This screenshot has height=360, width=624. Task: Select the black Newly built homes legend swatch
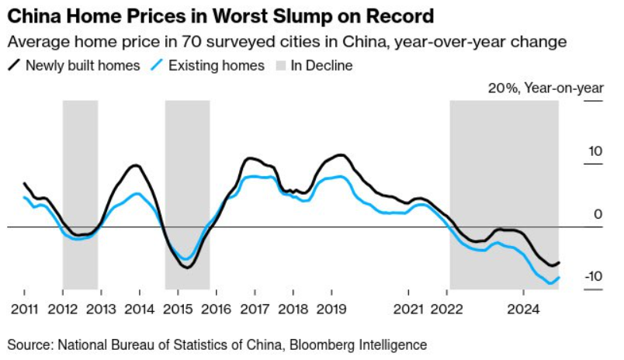(14, 65)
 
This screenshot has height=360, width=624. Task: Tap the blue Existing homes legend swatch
(157, 65)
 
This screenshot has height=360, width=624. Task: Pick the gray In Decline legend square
(281, 66)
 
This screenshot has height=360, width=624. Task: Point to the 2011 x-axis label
(24, 309)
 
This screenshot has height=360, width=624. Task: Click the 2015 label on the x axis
(178, 309)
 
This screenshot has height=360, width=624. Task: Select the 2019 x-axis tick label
(331, 309)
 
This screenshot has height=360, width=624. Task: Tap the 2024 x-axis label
(523, 309)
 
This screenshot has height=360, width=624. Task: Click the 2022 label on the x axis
(447, 309)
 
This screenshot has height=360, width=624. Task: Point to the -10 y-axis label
(594, 276)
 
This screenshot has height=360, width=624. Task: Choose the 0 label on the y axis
(598, 214)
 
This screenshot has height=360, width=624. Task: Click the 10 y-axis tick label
(595, 151)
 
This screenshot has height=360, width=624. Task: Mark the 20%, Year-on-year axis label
(546, 88)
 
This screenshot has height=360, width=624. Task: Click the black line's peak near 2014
(136, 165)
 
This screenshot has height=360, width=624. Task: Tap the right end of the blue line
(559, 278)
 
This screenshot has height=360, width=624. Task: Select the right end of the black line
(559, 262)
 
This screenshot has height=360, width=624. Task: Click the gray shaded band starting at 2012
(81, 195)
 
